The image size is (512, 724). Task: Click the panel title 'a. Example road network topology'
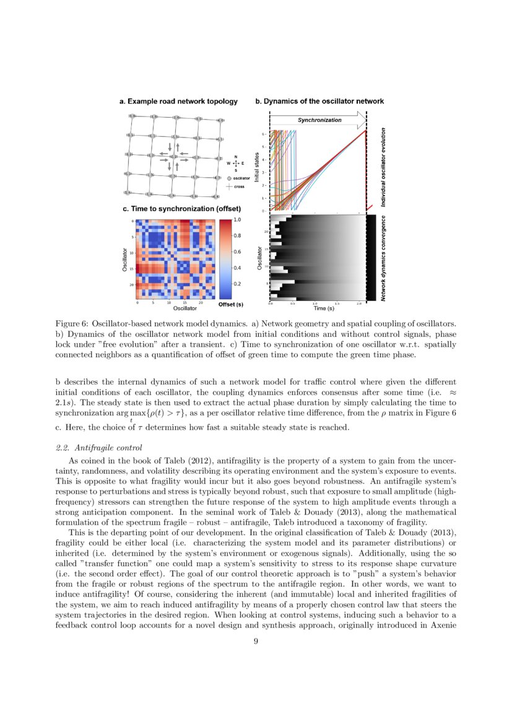pyautogui.click(x=178, y=101)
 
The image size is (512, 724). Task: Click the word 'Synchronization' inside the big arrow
pyautogui.click(x=319, y=120)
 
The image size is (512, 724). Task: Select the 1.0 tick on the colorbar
pyautogui.click(x=236, y=220)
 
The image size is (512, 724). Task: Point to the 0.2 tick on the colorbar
pyautogui.click(x=236, y=284)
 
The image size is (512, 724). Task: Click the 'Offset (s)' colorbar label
pyautogui.click(x=230, y=305)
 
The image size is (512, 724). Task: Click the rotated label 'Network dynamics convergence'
pyautogui.click(x=383, y=259)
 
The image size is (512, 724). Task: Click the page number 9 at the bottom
pyautogui.click(x=256, y=642)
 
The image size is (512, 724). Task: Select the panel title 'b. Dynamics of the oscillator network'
pyautogui.click(x=319, y=101)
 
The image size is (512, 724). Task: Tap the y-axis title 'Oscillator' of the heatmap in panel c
pyautogui.click(x=126, y=259)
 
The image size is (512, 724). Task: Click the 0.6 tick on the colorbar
pyautogui.click(x=236, y=252)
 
